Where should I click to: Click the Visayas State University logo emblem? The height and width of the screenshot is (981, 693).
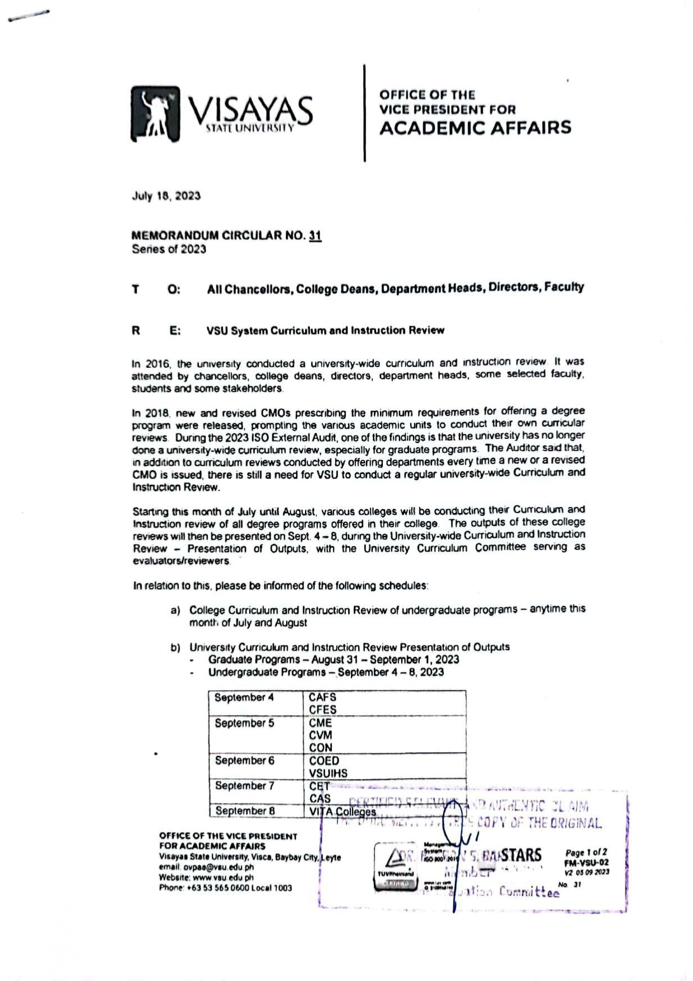pyautogui.click(x=156, y=114)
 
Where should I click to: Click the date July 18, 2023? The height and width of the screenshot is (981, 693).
pyautogui.click(x=166, y=196)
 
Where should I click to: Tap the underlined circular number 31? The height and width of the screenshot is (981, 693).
pyautogui.click(x=315, y=236)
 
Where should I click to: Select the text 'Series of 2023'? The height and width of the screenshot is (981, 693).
pyautogui.click(x=169, y=249)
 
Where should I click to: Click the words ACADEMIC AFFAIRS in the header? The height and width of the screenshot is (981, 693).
pyautogui.click(x=475, y=128)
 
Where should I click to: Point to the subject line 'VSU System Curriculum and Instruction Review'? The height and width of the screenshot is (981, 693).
pyautogui.click(x=325, y=330)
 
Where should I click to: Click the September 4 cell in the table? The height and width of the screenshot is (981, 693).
pyautogui.click(x=240, y=698)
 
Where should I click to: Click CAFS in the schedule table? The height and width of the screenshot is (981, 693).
pyautogui.click(x=322, y=697)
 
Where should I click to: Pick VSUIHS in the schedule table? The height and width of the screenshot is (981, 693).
pyautogui.click(x=328, y=773)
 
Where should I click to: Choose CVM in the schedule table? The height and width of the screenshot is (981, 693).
pyautogui.click(x=320, y=735)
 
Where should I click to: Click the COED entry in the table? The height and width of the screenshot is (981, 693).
pyautogui.click(x=324, y=761)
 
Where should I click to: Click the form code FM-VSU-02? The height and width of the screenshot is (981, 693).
pyautogui.click(x=586, y=862)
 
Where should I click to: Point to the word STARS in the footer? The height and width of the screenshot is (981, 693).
pyautogui.click(x=521, y=855)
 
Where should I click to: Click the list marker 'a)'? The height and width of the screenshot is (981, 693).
pyautogui.click(x=175, y=610)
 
